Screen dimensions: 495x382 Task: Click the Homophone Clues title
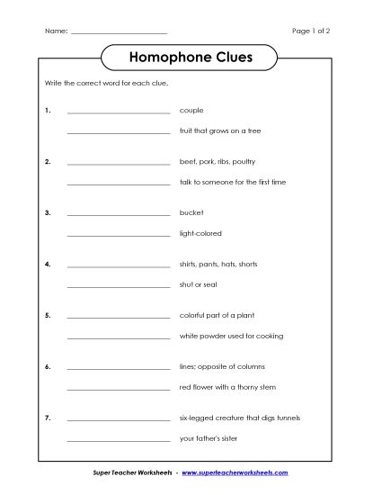coord(191,58)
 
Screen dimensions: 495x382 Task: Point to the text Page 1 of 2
coord(311,31)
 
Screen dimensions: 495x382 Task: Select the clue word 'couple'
coord(191,110)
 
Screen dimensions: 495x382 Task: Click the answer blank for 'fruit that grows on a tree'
coord(119,133)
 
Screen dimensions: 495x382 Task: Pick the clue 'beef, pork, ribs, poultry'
coord(218,161)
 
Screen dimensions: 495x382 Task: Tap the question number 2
coord(47,161)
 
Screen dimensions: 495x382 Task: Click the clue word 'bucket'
coord(191,212)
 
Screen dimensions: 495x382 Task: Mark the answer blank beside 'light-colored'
coord(119,236)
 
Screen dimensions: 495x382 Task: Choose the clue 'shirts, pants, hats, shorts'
coord(218,264)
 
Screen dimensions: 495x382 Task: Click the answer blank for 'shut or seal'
coord(119,287)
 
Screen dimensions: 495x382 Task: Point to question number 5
coord(47,315)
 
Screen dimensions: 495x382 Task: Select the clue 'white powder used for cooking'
coord(231,336)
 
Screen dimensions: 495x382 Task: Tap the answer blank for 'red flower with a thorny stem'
coord(119,390)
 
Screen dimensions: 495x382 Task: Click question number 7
coord(47,418)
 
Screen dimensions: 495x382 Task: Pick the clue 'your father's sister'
coord(212,438)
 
